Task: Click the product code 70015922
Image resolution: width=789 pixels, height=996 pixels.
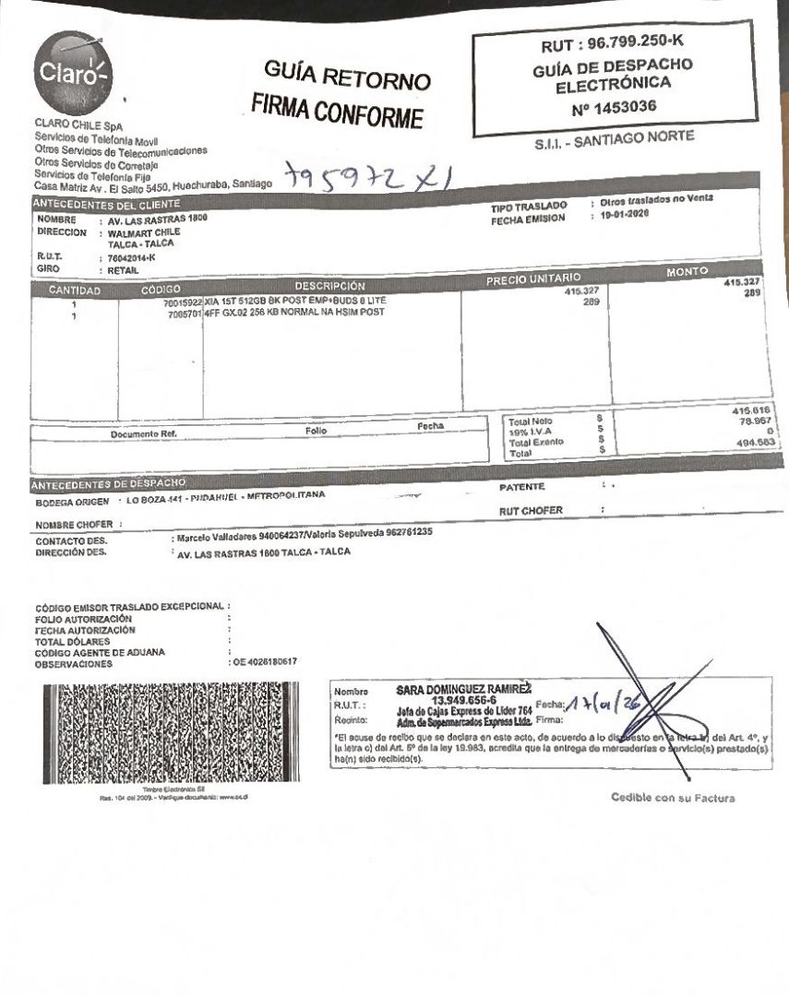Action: (183, 302)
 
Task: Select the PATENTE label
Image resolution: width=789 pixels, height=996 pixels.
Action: (522, 486)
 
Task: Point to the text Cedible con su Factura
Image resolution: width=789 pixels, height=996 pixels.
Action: (673, 798)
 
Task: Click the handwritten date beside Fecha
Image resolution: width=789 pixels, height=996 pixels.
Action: (602, 706)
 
